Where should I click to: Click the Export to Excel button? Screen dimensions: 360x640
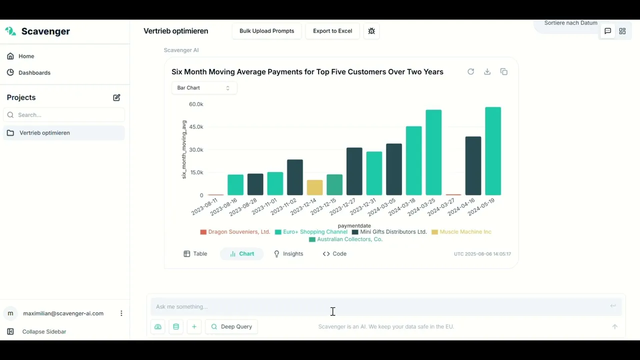(332, 31)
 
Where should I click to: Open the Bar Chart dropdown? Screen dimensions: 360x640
(203, 88)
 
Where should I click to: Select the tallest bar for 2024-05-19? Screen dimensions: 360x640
(493, 151)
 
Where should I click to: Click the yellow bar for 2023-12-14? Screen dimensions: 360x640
(314, 187)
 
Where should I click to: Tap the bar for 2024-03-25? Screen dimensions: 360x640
(433, 152)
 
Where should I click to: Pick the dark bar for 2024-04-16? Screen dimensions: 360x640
(473, 166)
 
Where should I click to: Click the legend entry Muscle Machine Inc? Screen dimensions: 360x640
(465, 232)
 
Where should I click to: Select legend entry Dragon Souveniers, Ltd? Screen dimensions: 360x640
(238, 232)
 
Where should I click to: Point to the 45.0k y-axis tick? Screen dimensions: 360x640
(196, 127)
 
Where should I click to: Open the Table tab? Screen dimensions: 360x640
(195, 254)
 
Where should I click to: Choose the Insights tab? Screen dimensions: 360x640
(288, 254)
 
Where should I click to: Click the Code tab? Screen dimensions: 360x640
(334, 254)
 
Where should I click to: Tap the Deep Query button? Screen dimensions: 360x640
(231, 326)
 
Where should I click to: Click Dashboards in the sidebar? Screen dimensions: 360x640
(34, 73)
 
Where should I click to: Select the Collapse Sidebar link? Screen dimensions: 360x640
(44, 331)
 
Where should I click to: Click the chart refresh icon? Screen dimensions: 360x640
(470, 72)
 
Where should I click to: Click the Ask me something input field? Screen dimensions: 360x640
(380, 306)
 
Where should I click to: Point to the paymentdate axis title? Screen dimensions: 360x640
(354, 226)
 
